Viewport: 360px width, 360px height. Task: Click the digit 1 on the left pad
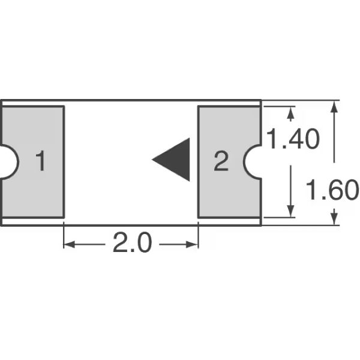(41, 161)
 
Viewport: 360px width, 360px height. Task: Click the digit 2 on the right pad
(221, 161)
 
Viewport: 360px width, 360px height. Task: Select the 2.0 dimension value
(132, 242)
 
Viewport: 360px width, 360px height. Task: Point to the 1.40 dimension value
(293, 139)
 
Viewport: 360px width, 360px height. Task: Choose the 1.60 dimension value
(332, 190)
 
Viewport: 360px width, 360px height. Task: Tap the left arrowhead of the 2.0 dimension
(69, 245)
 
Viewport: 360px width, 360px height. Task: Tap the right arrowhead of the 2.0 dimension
(193, 245)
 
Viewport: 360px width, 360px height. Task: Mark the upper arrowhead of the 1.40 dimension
(290, 113)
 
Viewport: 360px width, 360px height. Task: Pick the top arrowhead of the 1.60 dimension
(335, 107)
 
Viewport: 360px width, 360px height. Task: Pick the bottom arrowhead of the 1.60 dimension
(335, 219)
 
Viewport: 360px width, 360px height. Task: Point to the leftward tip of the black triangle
(152, 160)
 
